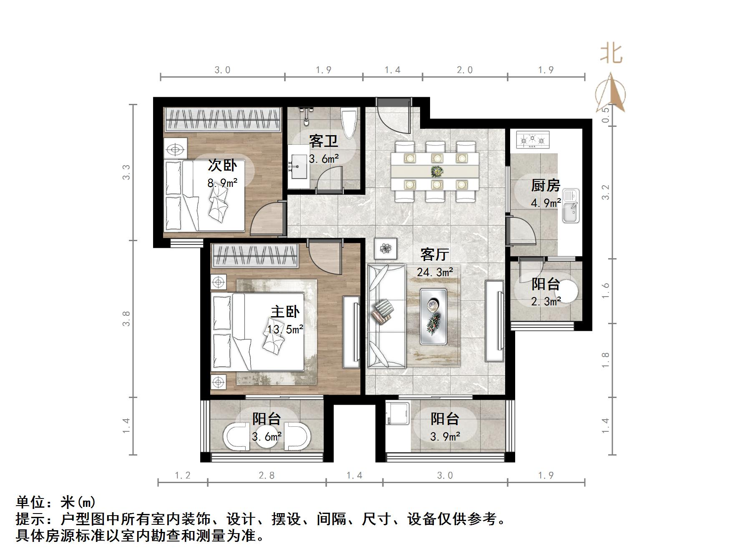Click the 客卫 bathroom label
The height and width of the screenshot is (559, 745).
[x=323, y=141]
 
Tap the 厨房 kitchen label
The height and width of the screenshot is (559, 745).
[x=545, y=185]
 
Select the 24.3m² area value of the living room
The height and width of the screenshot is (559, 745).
[x=435, y=272]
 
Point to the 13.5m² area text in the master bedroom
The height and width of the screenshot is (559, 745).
[x=285, y=329]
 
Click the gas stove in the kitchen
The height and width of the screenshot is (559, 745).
[x=533, y=140]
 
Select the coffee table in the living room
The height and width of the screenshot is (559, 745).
[x=433, y=316]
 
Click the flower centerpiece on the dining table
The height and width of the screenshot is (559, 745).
[x=437, y=171]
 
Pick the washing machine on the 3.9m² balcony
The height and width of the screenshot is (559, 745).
[x=396, y=413]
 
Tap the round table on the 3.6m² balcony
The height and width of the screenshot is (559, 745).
[x=266, y=437]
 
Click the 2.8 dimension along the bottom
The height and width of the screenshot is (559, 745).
[x=267, y=475]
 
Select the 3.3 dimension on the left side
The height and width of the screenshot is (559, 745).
[x=126, y=172]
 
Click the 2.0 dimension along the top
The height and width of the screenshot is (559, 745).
[x=465, y=70]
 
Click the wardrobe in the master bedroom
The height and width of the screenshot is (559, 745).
[x=255, y=255]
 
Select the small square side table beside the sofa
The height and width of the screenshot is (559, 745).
[x=385, y=249]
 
